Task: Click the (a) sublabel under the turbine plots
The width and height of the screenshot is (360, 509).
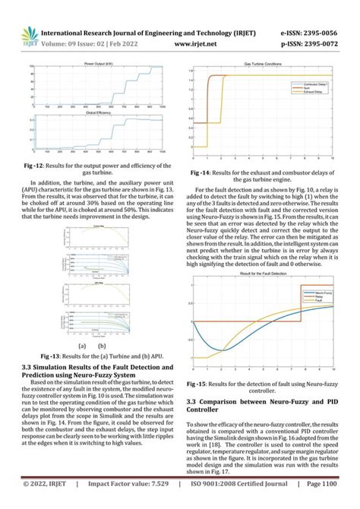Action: point(81,344)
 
